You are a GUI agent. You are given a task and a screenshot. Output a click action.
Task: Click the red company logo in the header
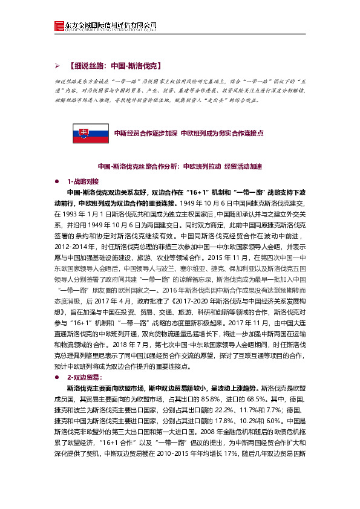point(58,26)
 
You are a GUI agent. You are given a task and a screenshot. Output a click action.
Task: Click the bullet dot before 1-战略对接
point(56,181)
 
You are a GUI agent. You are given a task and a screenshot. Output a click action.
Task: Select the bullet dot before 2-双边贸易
point(56,376)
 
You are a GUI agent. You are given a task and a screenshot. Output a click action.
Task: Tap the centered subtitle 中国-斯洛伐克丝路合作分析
point(138,166)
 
